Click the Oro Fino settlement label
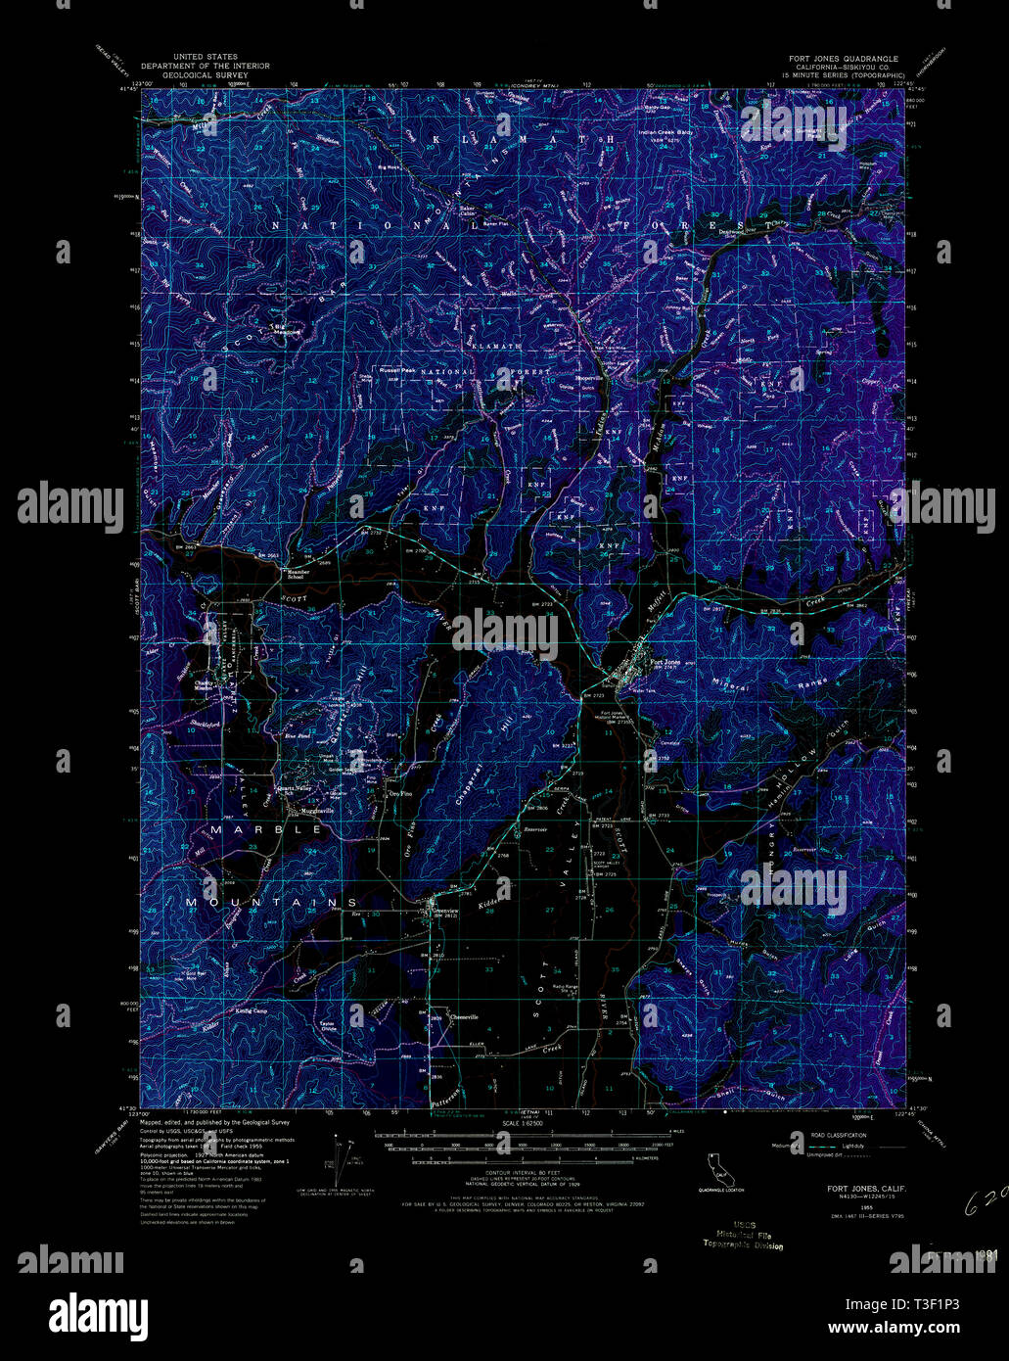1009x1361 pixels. click(x=400, y=794)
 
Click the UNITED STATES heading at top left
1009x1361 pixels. click(x=205, y=58)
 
